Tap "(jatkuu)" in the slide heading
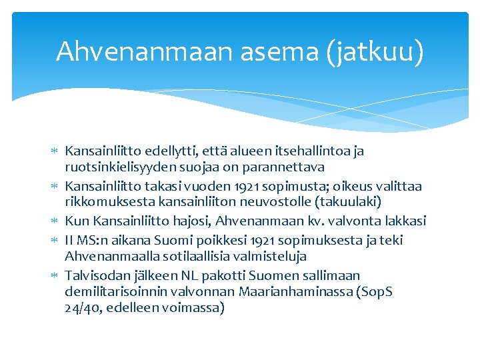[375, 51]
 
